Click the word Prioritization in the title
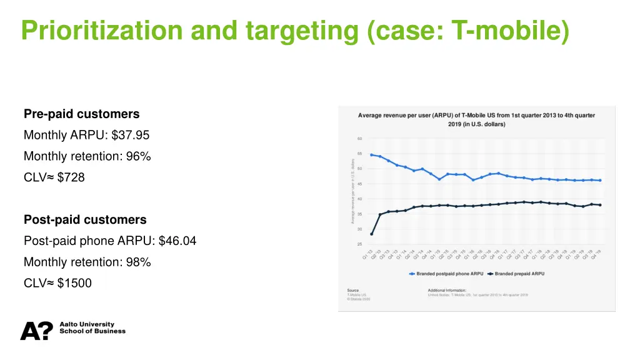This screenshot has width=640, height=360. (x=99, y=31)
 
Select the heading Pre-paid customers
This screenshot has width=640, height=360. (x=81, y=114)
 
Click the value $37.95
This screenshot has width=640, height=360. (x=131, y=135)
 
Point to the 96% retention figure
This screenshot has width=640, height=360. (x=138, y=156)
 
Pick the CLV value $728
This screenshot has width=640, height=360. (x=71, y=177)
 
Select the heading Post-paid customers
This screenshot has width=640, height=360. (x=85, y=219)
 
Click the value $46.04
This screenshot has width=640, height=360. (x=177, y=241)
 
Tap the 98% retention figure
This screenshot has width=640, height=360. (x=138, y=262)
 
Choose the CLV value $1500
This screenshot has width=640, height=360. (x=74, y=283)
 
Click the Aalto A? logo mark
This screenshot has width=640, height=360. (x=36, y=331)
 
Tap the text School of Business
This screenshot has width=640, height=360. (x=92, y=331)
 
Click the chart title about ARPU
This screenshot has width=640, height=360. (x=476, y=119)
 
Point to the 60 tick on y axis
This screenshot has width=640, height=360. (x=359, y=139)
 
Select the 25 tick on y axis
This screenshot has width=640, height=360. (x=359, y=244)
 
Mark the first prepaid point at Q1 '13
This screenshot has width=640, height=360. (x=372, y=234)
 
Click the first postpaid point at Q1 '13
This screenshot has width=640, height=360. (x=372, y=154)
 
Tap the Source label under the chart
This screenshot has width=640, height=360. (x=353, y=290)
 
